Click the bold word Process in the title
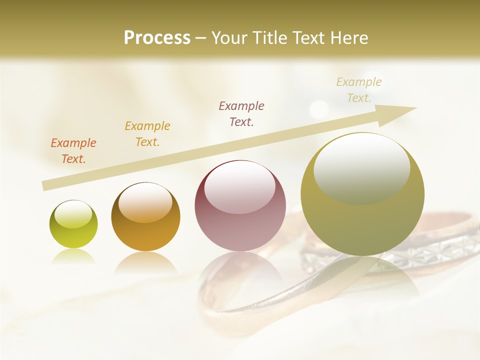(157, 37)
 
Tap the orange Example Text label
(73, 150)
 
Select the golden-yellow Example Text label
(147, 133)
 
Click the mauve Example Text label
(241, 113)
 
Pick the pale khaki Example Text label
(358, 89)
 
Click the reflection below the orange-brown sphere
(145, 262)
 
